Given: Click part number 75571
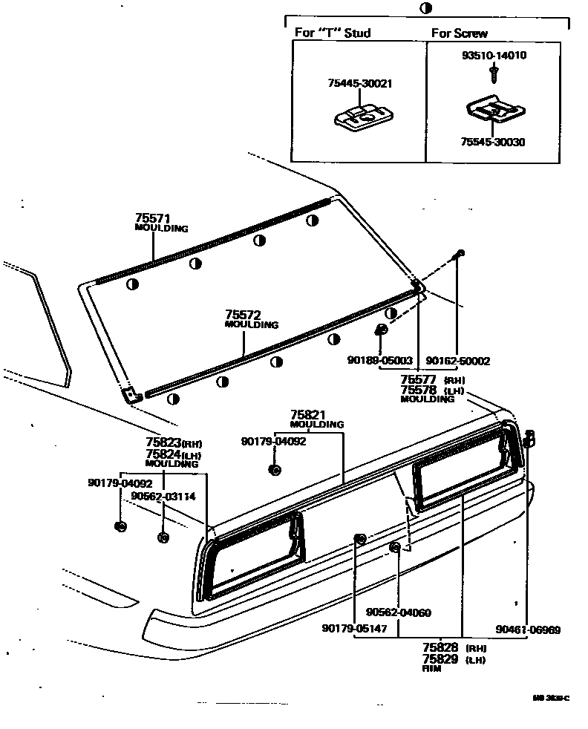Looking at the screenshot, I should point(153,218).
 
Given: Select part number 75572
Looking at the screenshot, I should point(243,315).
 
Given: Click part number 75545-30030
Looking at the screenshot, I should point(492,142).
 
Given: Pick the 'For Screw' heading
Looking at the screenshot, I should point(460,33).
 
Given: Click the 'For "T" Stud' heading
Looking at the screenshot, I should point(333,33).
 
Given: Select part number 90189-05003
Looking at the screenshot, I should point(379,361).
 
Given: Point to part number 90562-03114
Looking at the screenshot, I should point(163,497).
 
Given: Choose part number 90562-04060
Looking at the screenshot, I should point(398,612).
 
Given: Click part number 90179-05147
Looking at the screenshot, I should point(354,628).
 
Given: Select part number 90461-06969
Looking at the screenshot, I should point(529,630).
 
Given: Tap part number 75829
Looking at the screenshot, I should point(440,658).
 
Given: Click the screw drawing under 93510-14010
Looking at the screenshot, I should point(493,72).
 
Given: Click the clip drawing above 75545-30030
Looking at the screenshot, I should point(495,111).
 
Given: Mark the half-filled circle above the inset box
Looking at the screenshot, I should point(425,8).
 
